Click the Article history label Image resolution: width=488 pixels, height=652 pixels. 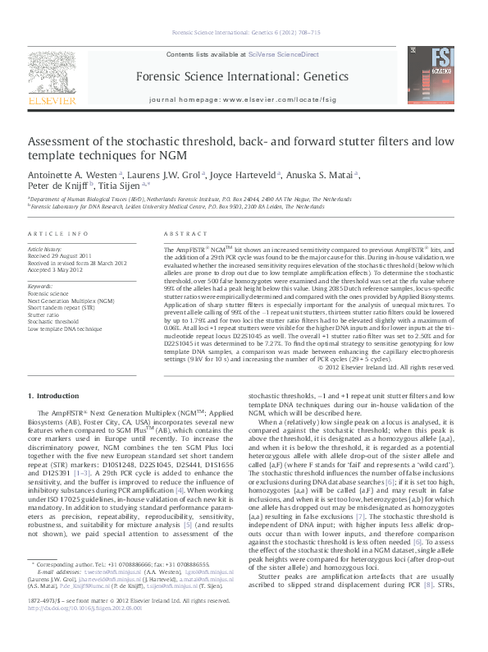coord(45,248)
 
